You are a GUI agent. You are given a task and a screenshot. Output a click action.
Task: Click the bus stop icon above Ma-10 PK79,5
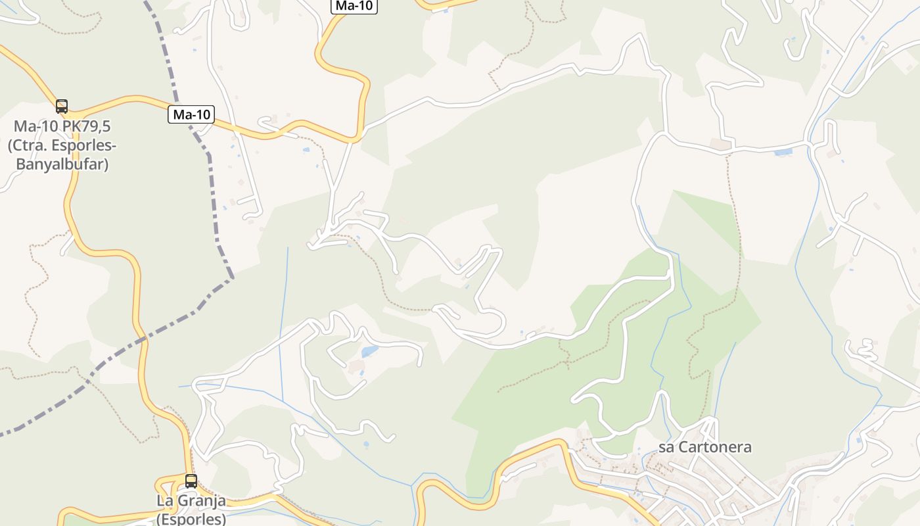62,106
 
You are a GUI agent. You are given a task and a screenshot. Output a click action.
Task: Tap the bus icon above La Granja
191,481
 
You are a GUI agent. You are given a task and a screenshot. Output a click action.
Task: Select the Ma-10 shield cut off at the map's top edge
354,6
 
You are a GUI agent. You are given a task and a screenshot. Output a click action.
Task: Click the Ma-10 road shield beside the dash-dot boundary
191,114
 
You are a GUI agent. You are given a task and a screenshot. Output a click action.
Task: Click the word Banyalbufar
62,164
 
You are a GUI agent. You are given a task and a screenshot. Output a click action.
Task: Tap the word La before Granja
164,500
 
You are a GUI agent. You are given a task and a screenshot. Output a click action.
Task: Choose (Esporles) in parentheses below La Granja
191,518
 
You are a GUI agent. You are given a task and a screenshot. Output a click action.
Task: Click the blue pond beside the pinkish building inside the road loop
369,352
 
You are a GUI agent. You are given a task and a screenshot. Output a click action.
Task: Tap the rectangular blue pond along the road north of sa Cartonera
783,153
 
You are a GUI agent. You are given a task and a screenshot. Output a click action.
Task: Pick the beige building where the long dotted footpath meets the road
721,144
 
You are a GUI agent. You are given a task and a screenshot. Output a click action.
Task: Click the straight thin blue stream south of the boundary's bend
284,316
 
